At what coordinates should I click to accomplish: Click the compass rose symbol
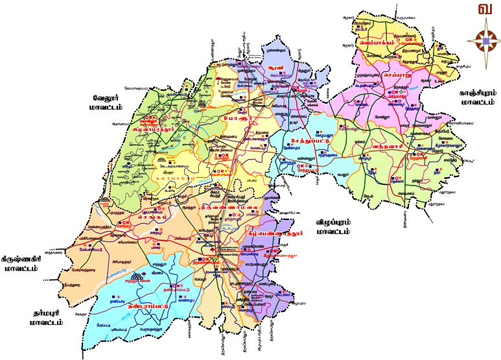[483, 41]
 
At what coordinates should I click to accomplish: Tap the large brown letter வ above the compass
[483, 10]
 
